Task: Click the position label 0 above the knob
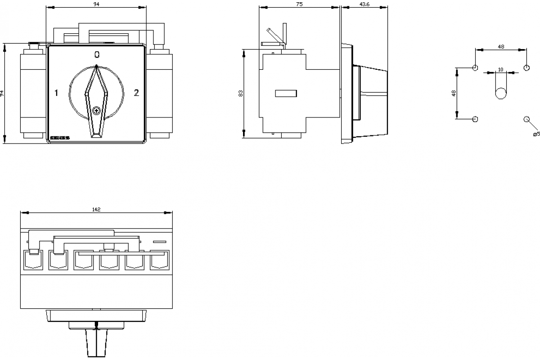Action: (x=97, y=55)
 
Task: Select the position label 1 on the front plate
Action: (x=56, y=93)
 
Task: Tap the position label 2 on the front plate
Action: (x=137, y=93)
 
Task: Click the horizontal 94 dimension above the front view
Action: (x=96, y=4)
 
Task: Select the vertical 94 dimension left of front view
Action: (x=2, y=94)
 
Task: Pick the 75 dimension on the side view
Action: (x=299, y=4)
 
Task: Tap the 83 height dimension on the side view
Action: (x=241, y=93)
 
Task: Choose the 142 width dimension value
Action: (x=96, y=209)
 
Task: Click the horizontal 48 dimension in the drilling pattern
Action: (x=500, y=46)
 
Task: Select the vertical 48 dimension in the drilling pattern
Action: (x=454, y=93)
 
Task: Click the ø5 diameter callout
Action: (x=536, y=134)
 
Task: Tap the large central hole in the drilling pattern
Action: (x=500, y=93)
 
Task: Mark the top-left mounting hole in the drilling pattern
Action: (x=475, y=68)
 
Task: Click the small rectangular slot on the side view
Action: (x=286, y=93)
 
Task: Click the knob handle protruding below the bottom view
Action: (x=96, y=344)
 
